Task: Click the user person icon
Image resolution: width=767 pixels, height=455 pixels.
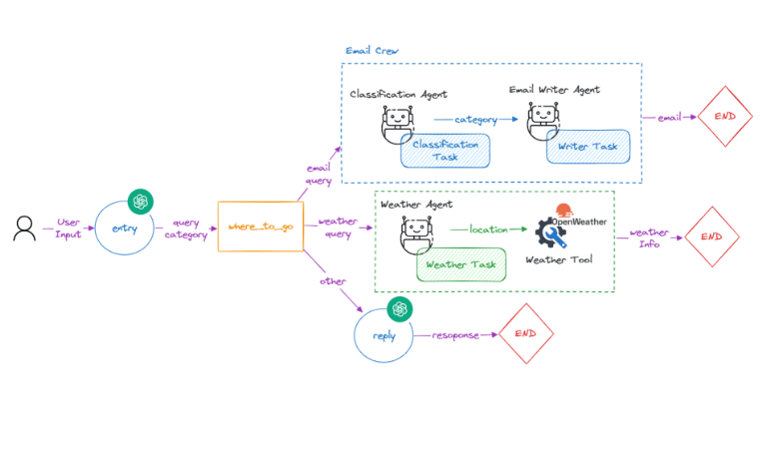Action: pyautogui.click(x=24, y=228)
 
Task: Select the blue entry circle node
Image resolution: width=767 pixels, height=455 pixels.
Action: pyautogui.click(x=125, y=228)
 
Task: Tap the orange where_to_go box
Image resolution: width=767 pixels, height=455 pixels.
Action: pyautogui.click(x=260, y=226)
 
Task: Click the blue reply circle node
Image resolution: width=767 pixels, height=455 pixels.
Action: pyautogui.click(x=383, y=335)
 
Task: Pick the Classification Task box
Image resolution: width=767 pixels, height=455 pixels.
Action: pyautogui.click(x=445, y=151)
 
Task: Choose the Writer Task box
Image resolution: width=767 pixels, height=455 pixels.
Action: pyautogui.click(x=588, y=146)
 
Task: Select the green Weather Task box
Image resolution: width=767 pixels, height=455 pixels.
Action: pyautogui.click(x=460, y=264)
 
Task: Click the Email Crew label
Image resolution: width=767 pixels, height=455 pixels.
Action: pyautogui.click(x=372, y=51)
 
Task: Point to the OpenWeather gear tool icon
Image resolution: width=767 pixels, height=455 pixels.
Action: pyautogui.click(x=551, y=231)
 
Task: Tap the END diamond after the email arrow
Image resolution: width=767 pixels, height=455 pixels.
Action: pyautogui.click(x=724, y=117)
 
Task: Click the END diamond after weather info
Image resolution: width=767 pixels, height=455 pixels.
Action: pyautogui.click(x=710, y=236)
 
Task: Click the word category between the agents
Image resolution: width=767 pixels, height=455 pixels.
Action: pyautogui.click(x=475, y=120)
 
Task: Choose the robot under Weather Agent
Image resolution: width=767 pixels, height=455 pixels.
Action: pyautogui.click(x=415, y=235)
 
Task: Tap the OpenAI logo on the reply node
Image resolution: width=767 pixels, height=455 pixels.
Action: pyautogui.click(x=399, y=308)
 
